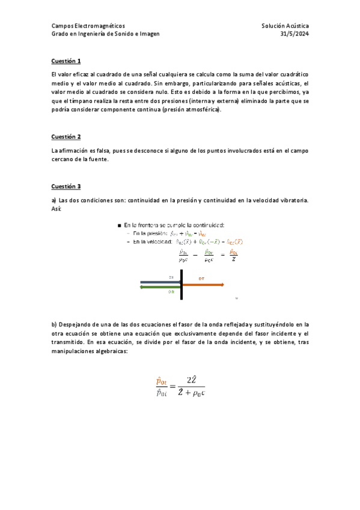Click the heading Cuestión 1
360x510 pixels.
pos(66,61)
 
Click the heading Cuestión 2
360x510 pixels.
pos(66,137)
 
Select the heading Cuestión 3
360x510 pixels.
pos(66,186)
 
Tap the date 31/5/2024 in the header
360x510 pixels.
pos(294,34)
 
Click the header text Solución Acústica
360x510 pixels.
pos(285,26)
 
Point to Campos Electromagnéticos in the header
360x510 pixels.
pos(88,26)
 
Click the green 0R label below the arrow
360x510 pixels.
pos(171,292)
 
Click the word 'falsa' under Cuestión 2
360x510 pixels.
pos(103,150)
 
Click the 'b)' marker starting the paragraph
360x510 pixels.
pos(54,324)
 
